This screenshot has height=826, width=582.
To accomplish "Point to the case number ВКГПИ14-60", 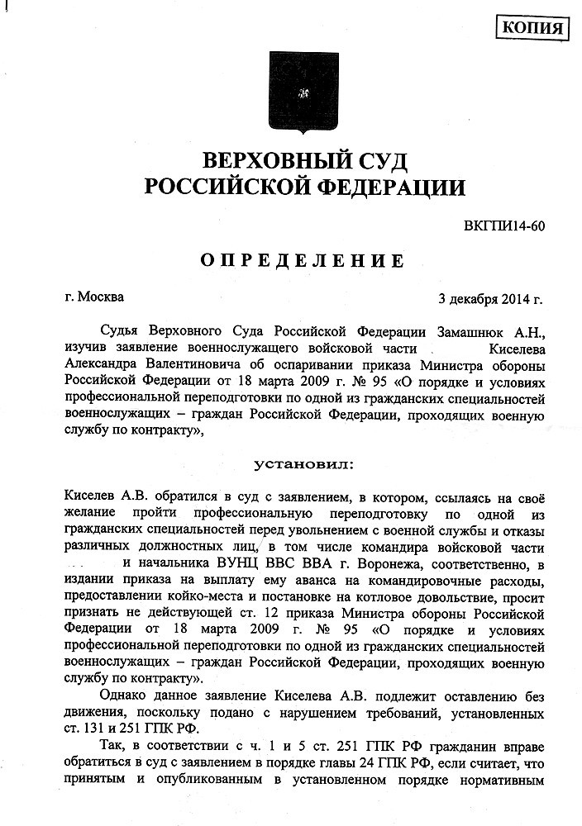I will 503,225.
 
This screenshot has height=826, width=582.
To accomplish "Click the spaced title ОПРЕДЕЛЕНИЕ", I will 303,262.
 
